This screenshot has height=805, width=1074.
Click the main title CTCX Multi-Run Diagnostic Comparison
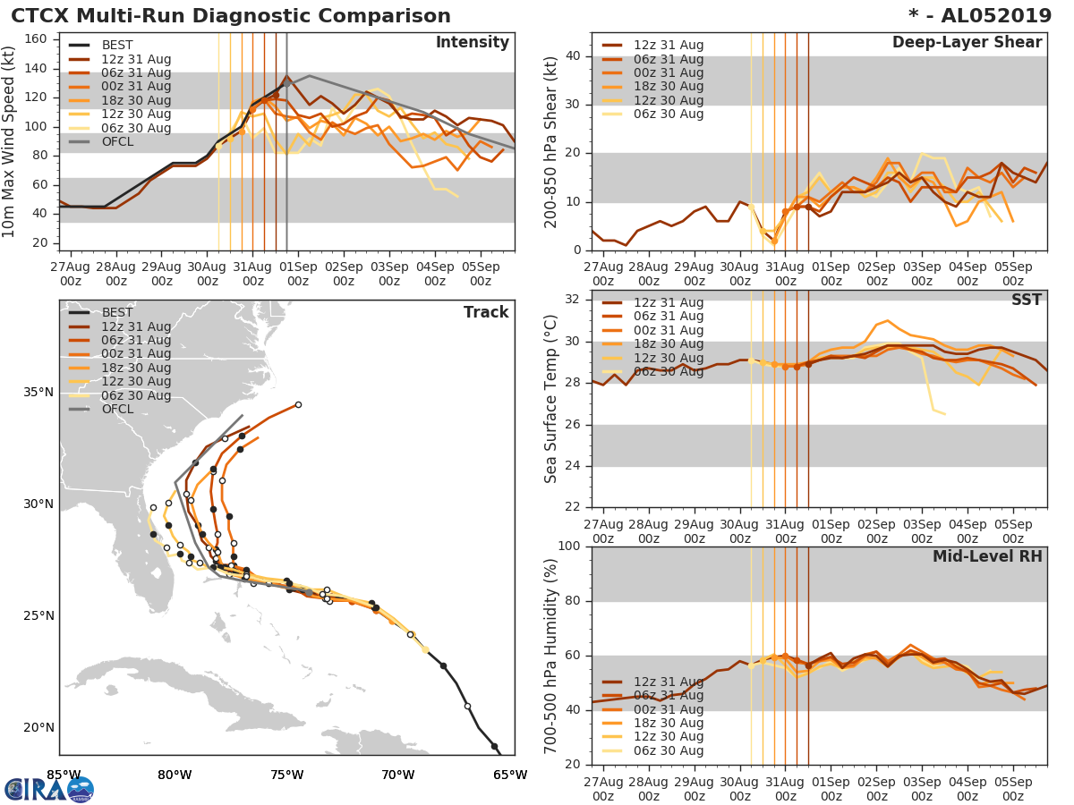click(x=231, y=16)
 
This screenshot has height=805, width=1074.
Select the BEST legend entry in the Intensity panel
click(x=116, y=46)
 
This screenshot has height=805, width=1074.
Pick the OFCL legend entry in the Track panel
click(x=116, y=410)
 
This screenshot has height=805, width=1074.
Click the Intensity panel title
click(x=472, y=43)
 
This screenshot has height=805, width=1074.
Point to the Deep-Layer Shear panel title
click(x=967, y=43)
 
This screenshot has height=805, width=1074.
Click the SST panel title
click(x=1027, y=300)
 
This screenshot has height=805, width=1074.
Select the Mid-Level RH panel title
click(x=987, y=557)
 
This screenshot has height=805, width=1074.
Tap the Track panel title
click(x=486, y=312)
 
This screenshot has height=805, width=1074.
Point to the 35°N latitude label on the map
click(x=38, y=393)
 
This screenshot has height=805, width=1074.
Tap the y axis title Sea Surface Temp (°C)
click(x=552, y=399)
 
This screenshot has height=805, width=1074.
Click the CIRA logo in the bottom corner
click(x=48, y=789)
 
